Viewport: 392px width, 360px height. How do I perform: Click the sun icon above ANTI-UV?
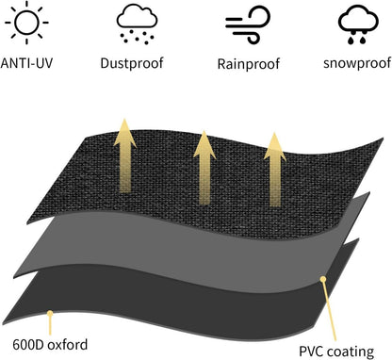[x=26, y=23]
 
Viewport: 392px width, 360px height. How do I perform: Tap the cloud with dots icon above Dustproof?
[x=137, y=24]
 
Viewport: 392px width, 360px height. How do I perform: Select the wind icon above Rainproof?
[x=248, y=25]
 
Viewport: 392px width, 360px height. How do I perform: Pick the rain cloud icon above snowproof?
[x=358, y=24]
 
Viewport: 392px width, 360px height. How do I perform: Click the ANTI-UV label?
[x=26, y=63]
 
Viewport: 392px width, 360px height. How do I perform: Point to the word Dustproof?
[x=132, y=63]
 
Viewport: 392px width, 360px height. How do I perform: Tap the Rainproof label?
[x=248, y=64]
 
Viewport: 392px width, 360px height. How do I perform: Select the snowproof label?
[x=357, y=63]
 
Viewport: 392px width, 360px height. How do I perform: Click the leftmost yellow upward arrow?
[x=125, y=155]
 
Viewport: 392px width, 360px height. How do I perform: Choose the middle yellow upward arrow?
[x=204, y=168]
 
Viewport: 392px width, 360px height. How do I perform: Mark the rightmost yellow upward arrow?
[x=275, y=170]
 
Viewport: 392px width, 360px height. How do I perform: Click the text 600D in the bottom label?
[x=27, y=345]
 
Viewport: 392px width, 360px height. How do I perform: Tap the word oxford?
[x=67, y=345]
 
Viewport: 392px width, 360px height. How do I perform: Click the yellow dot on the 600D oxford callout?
[x=50, y=313]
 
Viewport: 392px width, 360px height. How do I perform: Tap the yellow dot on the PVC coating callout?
[x=323, y=279]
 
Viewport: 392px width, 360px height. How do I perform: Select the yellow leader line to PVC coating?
[x=329, y=310]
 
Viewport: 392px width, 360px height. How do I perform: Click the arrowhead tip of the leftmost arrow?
[x=125, y=119]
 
